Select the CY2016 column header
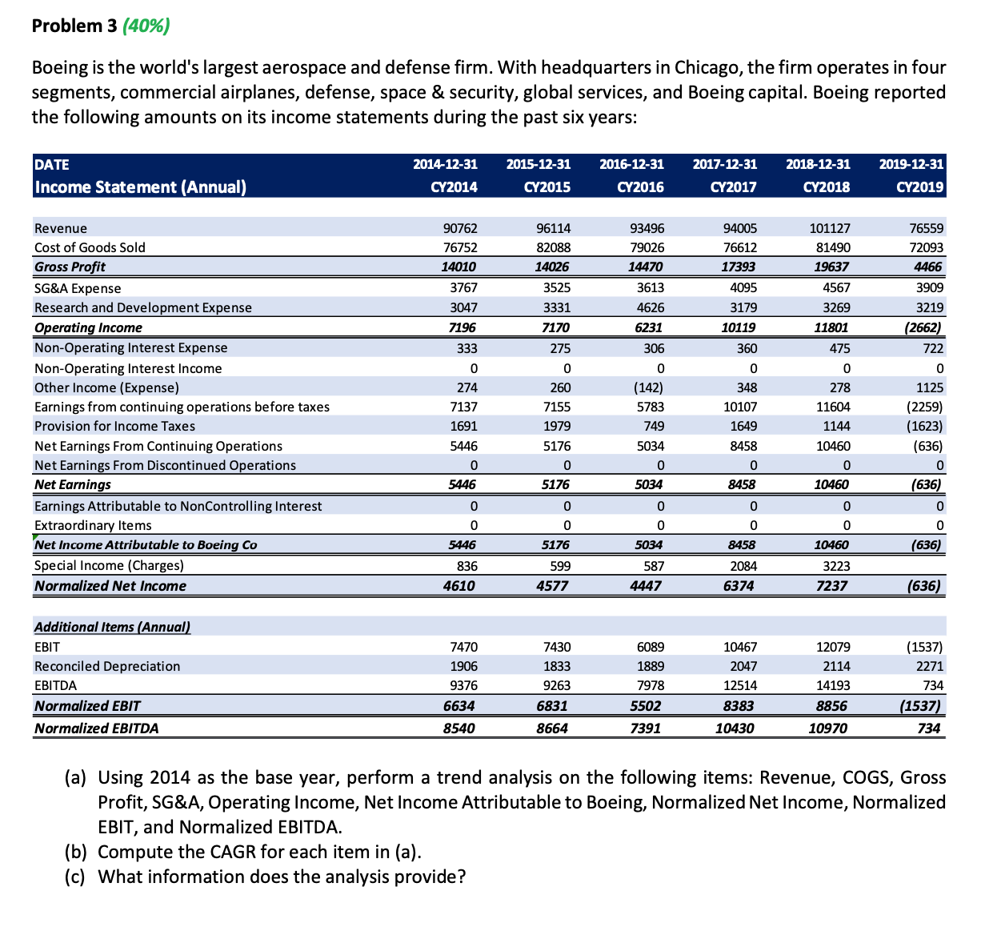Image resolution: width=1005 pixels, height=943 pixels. [631, 187]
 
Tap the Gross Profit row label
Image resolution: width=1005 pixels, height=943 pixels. [70, 267]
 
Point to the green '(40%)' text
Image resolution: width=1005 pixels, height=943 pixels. [146, 26]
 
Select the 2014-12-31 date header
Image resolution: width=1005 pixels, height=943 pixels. [445, 165]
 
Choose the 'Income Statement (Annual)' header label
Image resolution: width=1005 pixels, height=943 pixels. [140, 187]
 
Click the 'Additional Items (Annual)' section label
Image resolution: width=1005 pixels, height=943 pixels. [112, 627]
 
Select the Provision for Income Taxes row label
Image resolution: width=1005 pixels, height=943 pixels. [114, 426]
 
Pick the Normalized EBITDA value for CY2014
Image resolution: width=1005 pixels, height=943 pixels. [459, 728]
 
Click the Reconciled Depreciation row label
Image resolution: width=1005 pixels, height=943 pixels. [107, 666]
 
